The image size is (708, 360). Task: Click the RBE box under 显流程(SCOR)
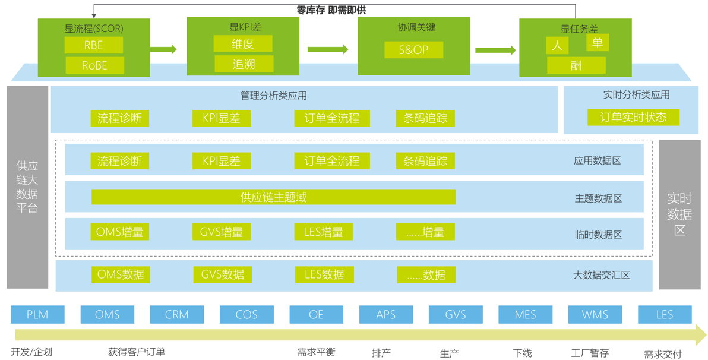[x=94, y=45]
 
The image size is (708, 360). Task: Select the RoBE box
[x=94, y=65]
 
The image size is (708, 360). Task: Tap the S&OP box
[x=413, y=50]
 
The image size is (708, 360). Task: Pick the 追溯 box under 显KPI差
[x=244, y=64]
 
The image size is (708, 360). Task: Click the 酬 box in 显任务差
[x=576, y=65]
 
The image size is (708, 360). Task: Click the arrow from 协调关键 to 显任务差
[x=495, y=50]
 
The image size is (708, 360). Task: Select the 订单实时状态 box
[x=633, y=117]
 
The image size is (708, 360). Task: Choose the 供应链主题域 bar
[x=273, y=197]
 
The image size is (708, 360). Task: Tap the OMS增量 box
[x=120, y=232]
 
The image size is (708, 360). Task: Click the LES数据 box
[x=324, y=274]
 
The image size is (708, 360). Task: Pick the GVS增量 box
[x=222, y=232]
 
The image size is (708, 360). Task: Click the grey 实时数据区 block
[x=679, y=214]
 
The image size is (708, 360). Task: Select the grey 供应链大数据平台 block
[x=27, y=187]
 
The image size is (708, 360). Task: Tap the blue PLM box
[x=37, y=314]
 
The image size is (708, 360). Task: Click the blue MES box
[x=525, y=314]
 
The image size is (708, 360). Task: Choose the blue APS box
[x=385, y=314]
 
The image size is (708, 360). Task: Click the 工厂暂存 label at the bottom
[x=590, y=353]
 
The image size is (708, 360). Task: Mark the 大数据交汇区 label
[x=601, y=275]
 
